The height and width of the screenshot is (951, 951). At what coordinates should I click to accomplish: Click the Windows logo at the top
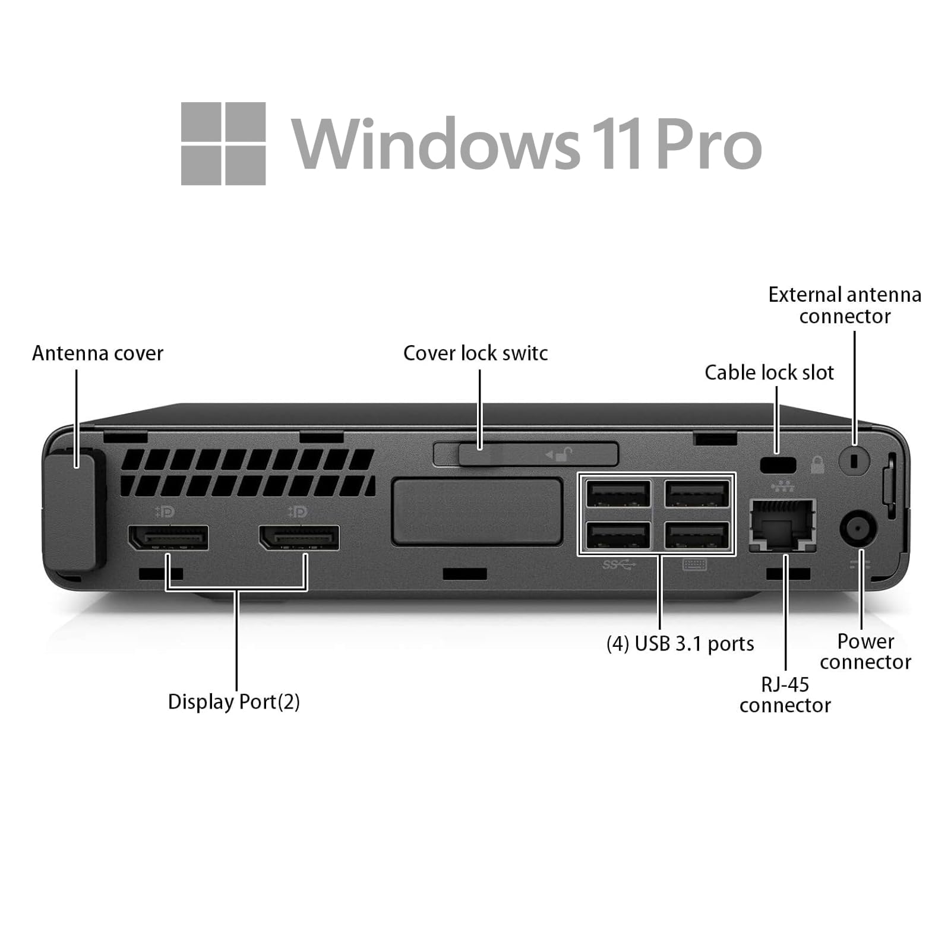point(223,144)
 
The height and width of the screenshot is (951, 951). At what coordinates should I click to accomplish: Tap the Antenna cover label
point(97,353)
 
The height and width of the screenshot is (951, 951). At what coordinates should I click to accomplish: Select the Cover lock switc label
point(475,353)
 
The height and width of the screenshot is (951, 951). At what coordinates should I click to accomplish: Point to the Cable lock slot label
point(769,372)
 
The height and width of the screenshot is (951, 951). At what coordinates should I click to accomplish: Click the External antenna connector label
point(844,305)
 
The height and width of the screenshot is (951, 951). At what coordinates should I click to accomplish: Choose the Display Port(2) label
point(233,702)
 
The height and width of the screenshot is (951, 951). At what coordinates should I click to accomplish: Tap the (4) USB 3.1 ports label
point(680,644)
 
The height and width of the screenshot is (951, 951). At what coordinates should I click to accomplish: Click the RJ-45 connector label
point(785,695)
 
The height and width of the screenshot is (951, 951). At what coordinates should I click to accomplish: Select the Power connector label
point(865,652)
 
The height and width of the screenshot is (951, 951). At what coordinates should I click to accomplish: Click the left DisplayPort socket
point(169,538)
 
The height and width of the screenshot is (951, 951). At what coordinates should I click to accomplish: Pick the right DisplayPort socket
point(299,538)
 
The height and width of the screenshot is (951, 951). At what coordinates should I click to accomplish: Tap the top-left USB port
point(618,494)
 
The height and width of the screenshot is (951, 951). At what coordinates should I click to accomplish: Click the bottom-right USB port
point(697,535)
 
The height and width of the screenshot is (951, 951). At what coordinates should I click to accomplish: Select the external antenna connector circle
point(854,460)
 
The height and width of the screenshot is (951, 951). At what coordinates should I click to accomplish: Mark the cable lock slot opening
point(778,464)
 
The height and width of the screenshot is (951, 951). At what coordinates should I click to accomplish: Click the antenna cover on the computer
point(70,511)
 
